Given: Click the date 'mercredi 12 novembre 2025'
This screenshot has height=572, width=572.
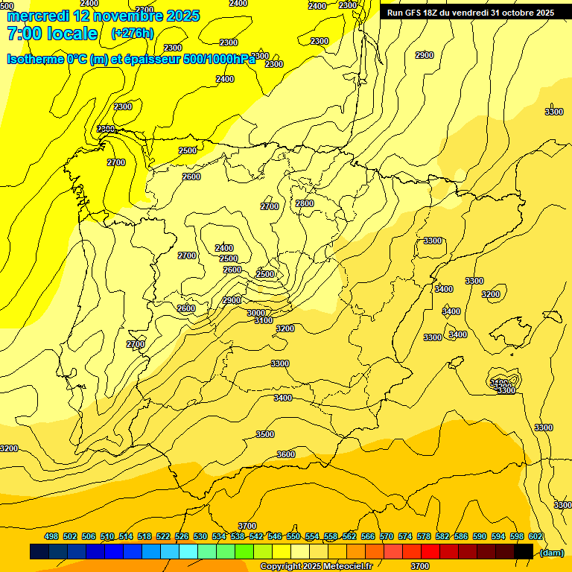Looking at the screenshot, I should coord(102,16).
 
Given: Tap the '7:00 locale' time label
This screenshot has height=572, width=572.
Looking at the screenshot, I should coord(51,34).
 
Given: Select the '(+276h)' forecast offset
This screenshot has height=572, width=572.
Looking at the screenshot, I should coord(132,34).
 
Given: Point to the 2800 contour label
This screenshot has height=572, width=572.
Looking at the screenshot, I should coord(304,203).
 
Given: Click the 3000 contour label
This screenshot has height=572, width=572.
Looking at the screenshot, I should coord(256,313).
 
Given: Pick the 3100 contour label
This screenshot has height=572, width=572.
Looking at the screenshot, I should coord(263,320).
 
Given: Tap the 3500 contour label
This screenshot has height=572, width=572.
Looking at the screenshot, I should coord(264,434).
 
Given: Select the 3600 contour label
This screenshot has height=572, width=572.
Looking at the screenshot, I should coord(285,454).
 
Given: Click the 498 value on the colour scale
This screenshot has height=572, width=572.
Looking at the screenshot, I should coord(51,537).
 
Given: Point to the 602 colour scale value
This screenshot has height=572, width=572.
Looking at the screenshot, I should coord(536,537).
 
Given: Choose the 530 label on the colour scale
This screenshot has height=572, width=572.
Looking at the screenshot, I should coord(200,537).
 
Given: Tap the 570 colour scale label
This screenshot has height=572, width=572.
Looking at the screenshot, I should coord(387,537).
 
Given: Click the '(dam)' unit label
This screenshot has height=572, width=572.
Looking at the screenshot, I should coord(551,552).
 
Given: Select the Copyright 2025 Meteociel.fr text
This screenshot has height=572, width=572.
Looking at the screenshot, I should coord(316,566).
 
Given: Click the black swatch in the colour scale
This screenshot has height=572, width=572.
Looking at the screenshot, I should coord(524,551).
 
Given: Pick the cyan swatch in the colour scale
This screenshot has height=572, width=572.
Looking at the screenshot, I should coord(188,551).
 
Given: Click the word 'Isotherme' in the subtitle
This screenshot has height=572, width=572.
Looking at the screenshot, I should coord(34,60).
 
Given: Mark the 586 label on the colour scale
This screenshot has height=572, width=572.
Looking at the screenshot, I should coord(461,537).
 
